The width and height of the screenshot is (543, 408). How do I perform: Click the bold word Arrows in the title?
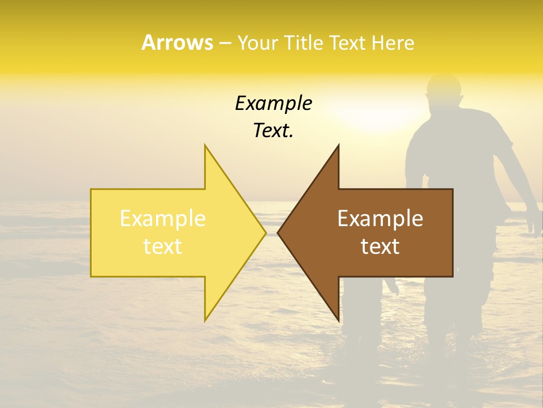click(x=177, y=42)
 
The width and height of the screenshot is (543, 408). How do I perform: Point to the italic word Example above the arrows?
click(x=273, y=104)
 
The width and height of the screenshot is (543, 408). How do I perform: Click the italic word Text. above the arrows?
click(x=273, y=131)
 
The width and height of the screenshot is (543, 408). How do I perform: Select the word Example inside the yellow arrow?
click(x=163, y=218)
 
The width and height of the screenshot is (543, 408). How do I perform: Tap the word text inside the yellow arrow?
click(x=163, y=246)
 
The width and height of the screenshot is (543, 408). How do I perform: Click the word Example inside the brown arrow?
click(x=380, y=218)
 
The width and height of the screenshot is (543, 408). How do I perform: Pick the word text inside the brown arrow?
click(x=380, y=246)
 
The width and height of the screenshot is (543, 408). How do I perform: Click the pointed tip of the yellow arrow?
click(x=265, y=232)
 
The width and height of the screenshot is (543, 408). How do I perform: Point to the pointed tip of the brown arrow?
click(x=278, y=232)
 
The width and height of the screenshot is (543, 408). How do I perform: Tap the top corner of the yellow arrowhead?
click(x=205, y=146)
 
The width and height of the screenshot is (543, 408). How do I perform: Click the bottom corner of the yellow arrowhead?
click(x=205, y=320)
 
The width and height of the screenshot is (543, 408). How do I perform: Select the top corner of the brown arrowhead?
click(x=338, y=146)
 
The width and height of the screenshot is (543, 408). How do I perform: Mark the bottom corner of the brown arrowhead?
click(x=338, y=320)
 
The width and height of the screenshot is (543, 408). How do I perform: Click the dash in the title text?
click(x=225, y=44)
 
